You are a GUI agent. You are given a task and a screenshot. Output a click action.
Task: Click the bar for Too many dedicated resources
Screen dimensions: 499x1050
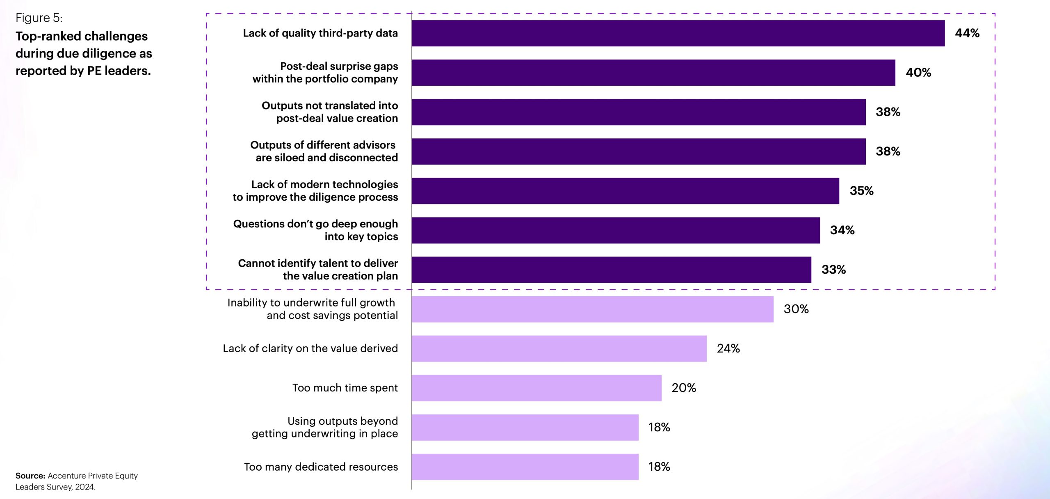coord(525,467)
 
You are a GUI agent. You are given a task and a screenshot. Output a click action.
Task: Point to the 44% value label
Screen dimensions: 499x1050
coord(967,33)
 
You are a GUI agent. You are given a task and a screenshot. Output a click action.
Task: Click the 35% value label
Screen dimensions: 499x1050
coord(861,191)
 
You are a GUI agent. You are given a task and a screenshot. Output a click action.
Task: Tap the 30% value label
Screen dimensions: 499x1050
coord(796,309)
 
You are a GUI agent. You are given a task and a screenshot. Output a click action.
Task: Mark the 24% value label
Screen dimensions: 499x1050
coord(728,348)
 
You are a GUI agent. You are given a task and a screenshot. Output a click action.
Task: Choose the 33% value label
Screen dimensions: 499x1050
coord(833,270)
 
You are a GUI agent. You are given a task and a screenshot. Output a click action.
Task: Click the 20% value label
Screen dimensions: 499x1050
coord(683,388)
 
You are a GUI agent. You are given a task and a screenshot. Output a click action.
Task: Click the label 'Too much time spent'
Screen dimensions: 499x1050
coord(345,388)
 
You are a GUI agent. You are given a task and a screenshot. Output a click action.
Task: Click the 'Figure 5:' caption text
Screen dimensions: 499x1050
coord(39,18)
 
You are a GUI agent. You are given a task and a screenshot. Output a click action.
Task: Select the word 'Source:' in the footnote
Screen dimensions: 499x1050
coord(30,476)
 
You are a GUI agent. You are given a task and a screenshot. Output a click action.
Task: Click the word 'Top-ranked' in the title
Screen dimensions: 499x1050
coord(48,36)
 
